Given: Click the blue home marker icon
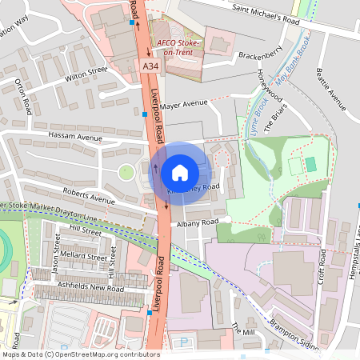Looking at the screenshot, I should coord(180,173).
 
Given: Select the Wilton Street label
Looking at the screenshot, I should coord(86,75).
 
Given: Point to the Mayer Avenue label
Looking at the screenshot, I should coord(183,103).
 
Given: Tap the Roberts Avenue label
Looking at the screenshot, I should coord(90,195).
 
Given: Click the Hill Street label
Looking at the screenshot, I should coord(86,230).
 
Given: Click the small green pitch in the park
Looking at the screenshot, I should coord(310,164).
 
